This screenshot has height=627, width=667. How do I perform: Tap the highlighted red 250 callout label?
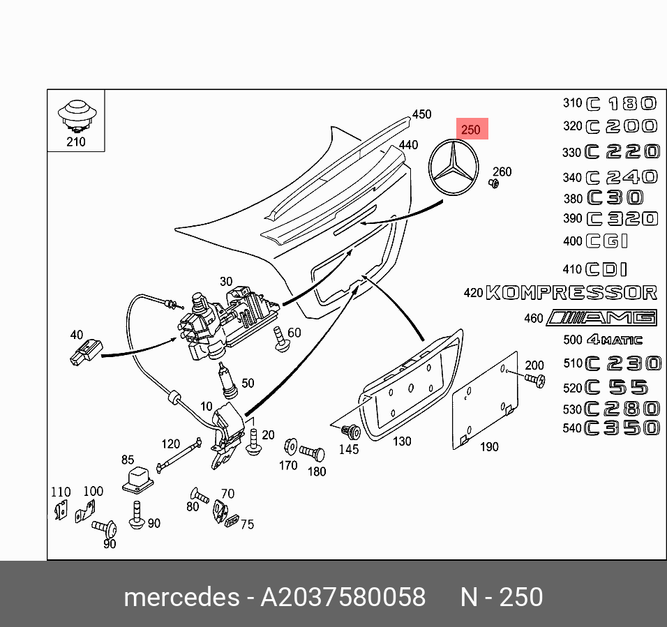point(471,129)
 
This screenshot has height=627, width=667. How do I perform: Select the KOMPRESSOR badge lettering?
point(571,292)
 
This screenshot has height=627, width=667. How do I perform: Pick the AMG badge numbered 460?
point(601,318)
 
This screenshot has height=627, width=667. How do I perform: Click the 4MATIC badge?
point(613,340)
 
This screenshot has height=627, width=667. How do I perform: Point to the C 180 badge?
point(621,104)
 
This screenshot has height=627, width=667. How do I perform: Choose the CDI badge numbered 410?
point(606,269)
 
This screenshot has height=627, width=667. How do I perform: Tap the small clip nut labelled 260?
point(493,184)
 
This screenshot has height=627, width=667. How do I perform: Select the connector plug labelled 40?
point(84,353)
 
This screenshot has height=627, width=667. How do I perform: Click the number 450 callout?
point(421,114)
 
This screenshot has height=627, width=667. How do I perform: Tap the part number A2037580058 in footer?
point(343,598)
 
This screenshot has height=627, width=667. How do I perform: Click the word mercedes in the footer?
point(181,598)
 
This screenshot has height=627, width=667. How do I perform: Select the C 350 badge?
point(621,428)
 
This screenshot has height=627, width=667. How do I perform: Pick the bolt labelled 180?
point(313,453)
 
